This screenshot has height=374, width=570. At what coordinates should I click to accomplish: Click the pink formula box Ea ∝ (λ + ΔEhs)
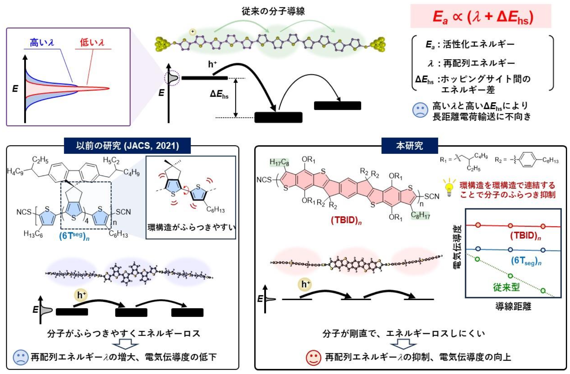(481, 16)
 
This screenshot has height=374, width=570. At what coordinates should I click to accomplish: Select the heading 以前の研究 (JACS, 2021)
(127, 145)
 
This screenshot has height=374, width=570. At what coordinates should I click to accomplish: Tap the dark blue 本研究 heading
(409, 145)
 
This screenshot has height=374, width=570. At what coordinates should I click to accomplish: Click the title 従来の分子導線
(273, 11)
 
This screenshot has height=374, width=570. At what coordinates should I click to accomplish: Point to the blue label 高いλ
(42, 43)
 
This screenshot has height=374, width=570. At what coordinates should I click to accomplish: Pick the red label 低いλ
(92, 43)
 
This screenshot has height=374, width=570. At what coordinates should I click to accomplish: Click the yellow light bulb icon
(449, 188)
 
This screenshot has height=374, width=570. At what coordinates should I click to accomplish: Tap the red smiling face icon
(313, 357)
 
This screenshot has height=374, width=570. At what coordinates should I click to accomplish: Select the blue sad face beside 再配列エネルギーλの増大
(20, 357)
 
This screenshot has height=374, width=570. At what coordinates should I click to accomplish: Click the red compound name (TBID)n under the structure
(346, 220)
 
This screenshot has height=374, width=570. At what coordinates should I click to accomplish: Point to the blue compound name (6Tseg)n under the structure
(74, 236)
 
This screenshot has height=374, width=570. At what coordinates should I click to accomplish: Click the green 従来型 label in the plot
(506, 287)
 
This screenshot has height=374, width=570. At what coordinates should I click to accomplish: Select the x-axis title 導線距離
(513, 306)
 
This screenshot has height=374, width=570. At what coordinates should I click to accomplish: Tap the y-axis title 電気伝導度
(457, 247)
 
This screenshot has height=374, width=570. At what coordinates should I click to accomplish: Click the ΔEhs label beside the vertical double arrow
(219, 95)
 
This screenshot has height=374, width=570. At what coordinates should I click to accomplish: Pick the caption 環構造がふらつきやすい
(191, 227)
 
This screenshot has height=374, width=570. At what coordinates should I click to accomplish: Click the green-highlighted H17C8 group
(279, 162)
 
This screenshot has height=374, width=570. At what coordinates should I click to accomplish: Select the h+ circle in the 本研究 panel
(305, 284)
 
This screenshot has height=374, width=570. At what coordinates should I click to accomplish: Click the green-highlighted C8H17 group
(420, 215)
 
